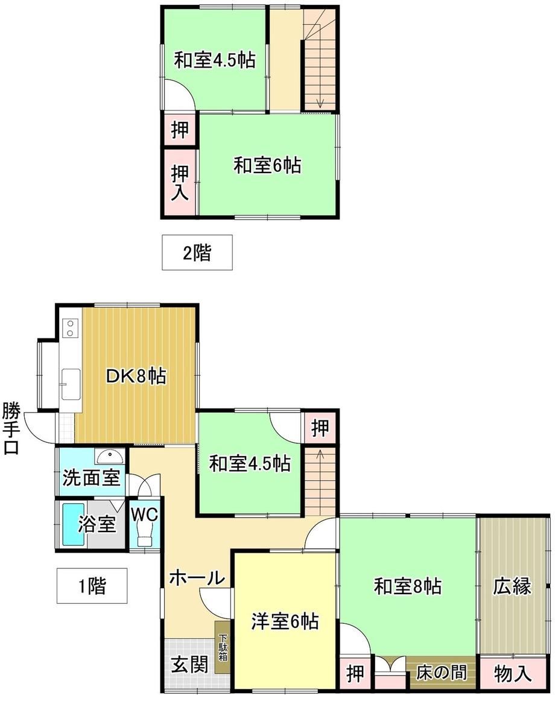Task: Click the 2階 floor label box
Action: point(197,252)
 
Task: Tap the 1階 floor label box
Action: point(92,586)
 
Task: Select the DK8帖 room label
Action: point(136,376)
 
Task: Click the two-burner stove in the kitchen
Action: point(70,327)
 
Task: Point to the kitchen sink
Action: point(71,384)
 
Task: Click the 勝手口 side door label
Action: point(11,428)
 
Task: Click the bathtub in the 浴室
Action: point(74,524)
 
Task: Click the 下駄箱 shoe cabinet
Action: point(222,647)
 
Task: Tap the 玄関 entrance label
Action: point(190,664)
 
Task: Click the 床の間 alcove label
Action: point(442,673)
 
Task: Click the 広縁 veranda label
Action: point(513,586)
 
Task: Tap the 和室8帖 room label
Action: point(407,586)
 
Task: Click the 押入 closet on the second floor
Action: point(180,182)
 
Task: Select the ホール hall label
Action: point(197,578)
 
